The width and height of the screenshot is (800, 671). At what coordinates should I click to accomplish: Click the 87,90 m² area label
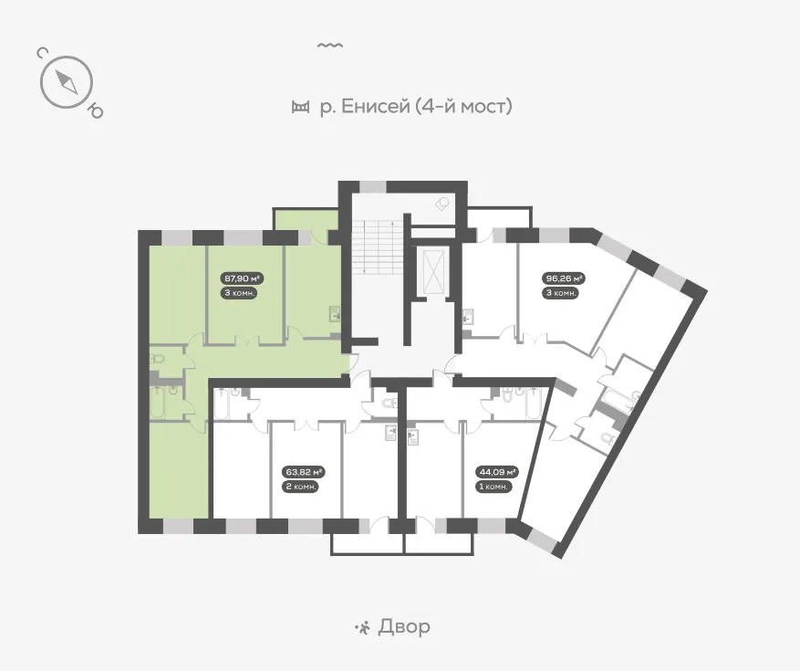click(x=243, y=278)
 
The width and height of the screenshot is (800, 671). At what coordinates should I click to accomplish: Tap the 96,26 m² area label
click(x=563, y=278)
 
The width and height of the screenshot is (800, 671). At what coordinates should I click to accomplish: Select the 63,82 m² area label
click(x=304, y=472)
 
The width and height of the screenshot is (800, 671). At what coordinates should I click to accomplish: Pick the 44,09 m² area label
click(x=497, y=472)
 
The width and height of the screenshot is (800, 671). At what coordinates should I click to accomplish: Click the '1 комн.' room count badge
click(x=494, y=487)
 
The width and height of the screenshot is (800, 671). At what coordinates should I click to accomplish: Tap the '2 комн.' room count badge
click(x=300, y=487)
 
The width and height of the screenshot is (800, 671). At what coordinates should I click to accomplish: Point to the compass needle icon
click(x=67, y=81)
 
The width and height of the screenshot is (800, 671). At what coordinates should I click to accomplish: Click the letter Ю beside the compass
click(x=96, y=110)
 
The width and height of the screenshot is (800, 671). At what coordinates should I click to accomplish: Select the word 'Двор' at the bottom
click(x=403, y=626)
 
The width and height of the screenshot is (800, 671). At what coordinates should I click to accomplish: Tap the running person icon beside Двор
click(x=363, y=627)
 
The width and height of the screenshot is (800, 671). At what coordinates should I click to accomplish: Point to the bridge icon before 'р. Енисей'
click(x=300, y=107)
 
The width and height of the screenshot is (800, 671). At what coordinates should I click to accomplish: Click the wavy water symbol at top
click(x=330, y=46)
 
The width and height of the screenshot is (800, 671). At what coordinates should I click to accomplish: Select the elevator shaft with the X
click(x=433, y=272)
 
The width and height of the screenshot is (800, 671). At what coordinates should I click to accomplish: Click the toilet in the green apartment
click(x=158, y=359)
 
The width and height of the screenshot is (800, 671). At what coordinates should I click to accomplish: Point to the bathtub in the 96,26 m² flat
click(x=619, y=399)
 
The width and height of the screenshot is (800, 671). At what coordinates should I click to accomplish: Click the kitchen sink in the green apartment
click(x=335, y=313)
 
